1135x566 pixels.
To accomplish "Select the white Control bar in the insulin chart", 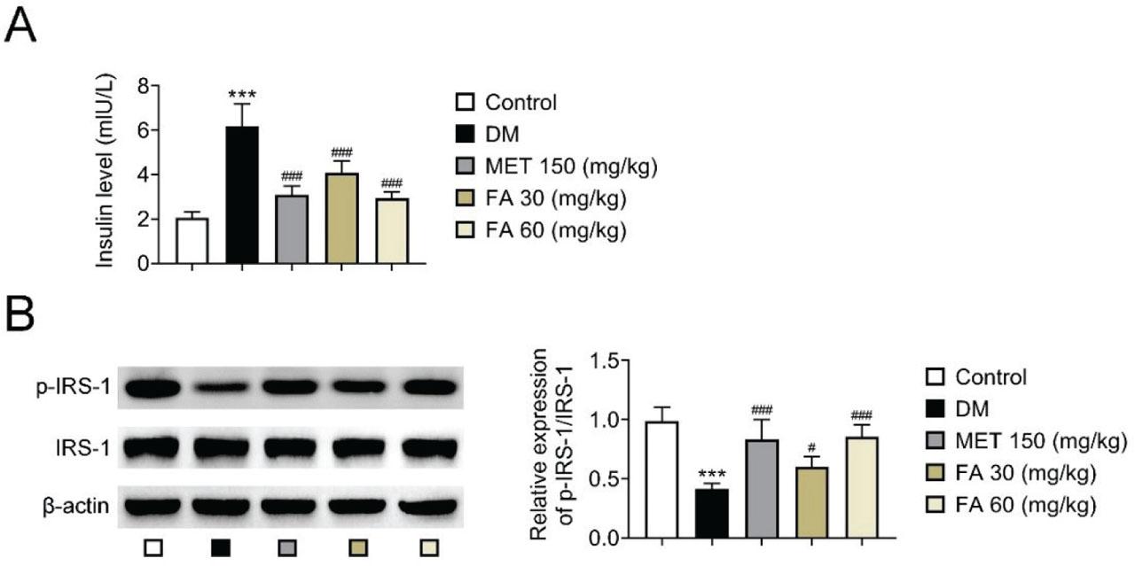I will point(192,241).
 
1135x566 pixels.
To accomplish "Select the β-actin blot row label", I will point(74,506).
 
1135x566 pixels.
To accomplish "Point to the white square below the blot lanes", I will point(154,548).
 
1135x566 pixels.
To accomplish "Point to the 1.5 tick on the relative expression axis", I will point(607,361).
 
